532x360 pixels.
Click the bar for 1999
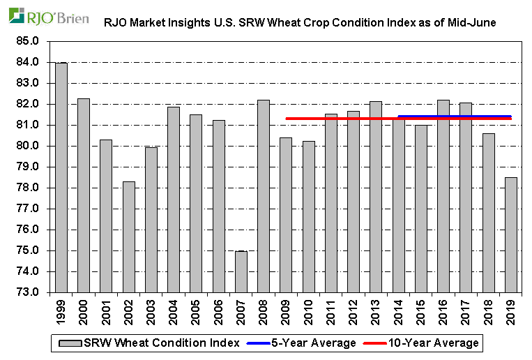pos(61,178)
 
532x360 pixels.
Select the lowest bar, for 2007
pos(241,271)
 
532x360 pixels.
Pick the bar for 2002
pos(128,237)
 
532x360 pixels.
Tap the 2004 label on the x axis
pos(174,310)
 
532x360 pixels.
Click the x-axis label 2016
pos(443,310)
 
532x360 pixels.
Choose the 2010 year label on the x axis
pos(309,310)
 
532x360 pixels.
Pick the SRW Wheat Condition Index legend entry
pos(149,343)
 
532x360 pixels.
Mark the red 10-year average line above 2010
pos(309,119)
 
